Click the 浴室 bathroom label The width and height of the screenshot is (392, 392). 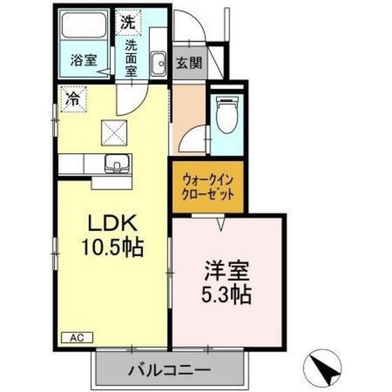click(x=83, y=60)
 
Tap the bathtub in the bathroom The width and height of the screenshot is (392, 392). click(x=84, y=26)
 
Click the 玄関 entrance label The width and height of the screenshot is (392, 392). click(x=189, y=63)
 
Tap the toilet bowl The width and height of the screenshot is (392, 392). click(x=227, y=115)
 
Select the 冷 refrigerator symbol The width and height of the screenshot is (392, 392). click(x=73, y=99)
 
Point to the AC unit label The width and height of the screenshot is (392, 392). click(x=77, y=337)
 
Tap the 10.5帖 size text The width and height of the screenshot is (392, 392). click(x=113, y=247)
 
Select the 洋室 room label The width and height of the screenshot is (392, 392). click(x=227, y=271)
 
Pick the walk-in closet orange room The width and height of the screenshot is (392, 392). click(x=208, y=187)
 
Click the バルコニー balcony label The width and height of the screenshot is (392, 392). click(x=169, y=370)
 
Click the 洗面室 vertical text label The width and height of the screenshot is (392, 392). click(x=131, y=58)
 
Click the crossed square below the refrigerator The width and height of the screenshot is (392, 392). click(x=114, y=133)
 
